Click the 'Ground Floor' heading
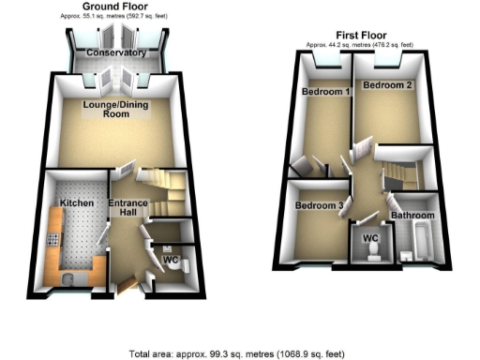(116, 8)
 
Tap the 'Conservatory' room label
(115, 53)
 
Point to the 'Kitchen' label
(74, 202)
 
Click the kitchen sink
(68, 277)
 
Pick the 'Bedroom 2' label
(387, 85)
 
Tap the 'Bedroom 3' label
(318, 205)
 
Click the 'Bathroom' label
(412, 216)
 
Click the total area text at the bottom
(237, 353)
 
